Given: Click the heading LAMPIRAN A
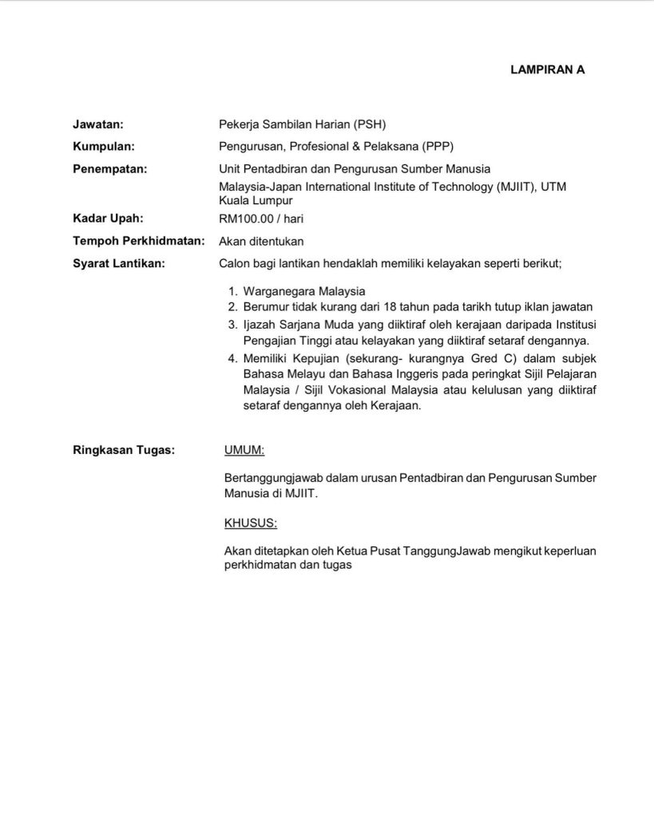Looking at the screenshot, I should coord(547,69).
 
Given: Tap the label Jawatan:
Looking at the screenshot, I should coord(98,124).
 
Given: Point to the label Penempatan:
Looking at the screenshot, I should coord(110,168).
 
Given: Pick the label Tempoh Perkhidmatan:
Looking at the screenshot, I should coord(139,241).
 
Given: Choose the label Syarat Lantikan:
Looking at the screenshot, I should coord(119,263).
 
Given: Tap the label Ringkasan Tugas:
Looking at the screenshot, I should coord(124,450).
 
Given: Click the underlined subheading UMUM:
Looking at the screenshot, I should coord(245,450).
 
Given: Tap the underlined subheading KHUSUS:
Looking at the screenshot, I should coord(251,523).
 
